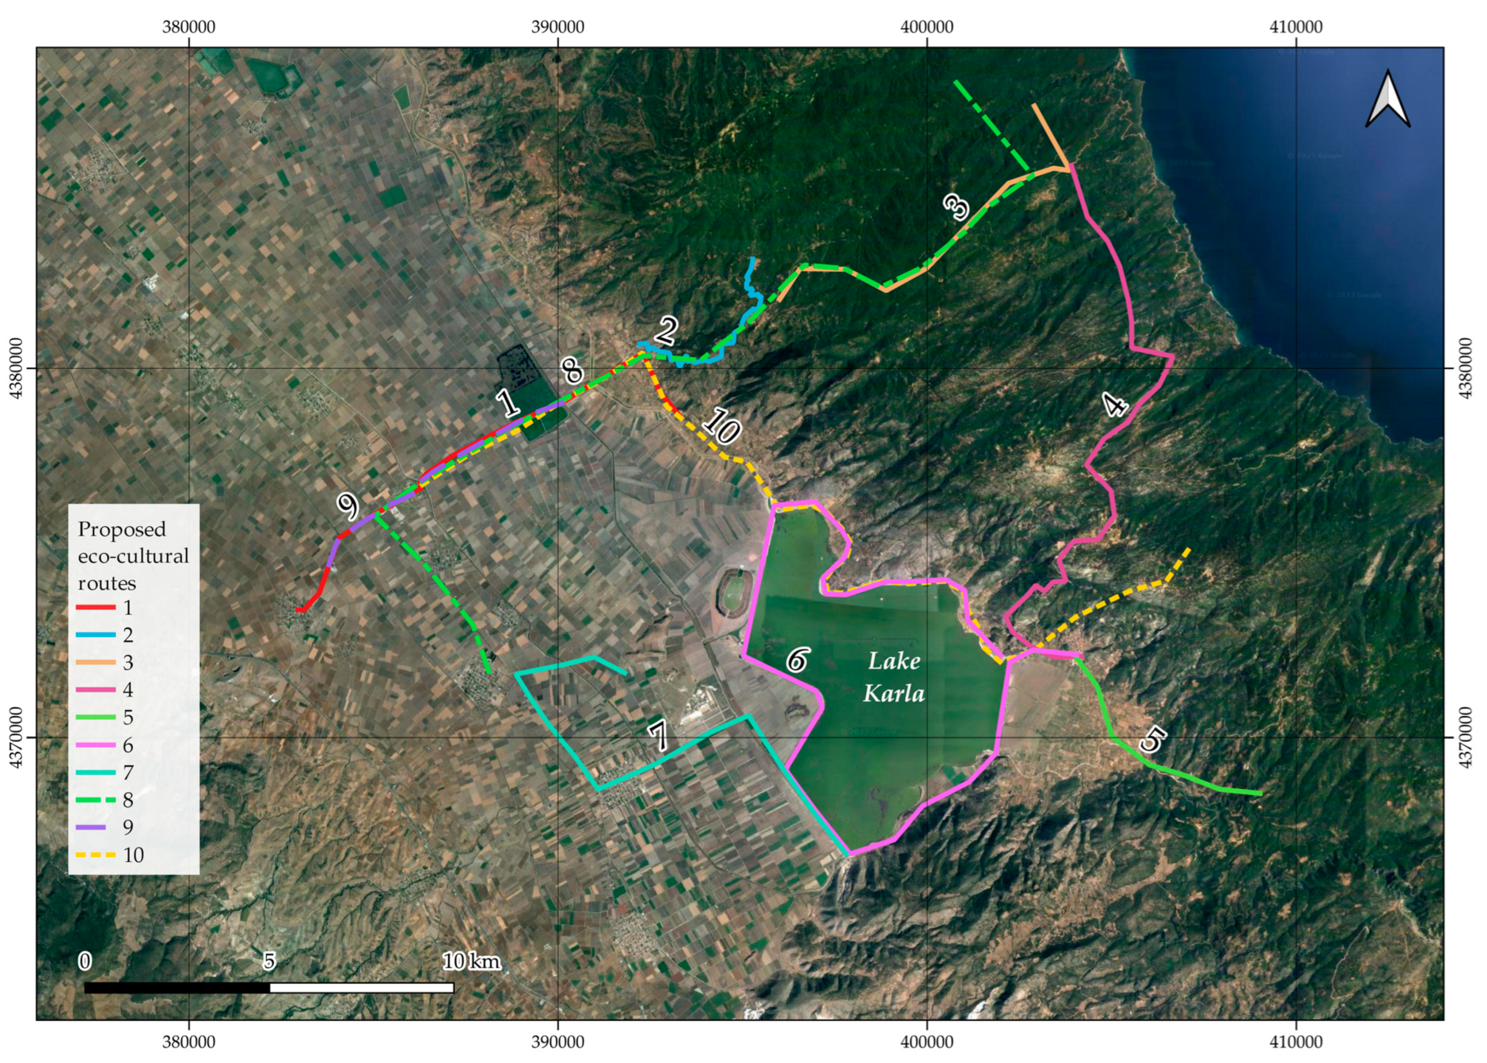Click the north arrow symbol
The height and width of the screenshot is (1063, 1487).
click(x=1388, y=100)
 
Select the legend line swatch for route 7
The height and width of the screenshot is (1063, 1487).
click(x=96, y=772)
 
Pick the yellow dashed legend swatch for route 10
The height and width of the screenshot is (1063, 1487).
click(x=96, y=855)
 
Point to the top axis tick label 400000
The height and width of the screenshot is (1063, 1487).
click(x=927, y=27)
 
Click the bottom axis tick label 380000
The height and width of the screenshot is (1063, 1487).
click(x=189, y=1042)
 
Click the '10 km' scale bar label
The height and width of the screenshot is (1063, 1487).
click(x=472, y=962)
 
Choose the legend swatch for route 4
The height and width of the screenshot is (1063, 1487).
click(x=96, y=690)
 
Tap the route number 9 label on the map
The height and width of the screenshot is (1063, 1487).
click(x=348, y=505)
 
